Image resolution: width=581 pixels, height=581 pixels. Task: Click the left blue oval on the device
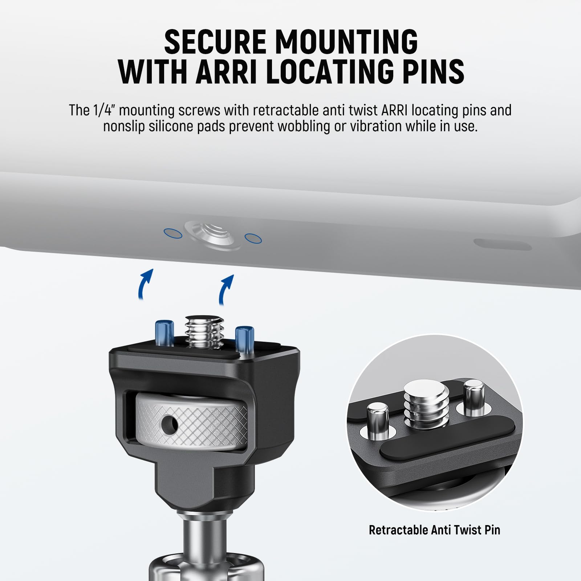(173, 233)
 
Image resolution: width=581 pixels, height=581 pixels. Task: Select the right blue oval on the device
(253, 238)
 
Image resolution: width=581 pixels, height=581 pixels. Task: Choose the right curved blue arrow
(226, 289)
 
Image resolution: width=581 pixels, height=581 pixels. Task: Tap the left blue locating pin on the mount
(163, 333)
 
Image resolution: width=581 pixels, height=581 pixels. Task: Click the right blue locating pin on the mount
(244, 340)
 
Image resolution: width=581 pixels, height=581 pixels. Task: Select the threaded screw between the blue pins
(204, 332)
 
